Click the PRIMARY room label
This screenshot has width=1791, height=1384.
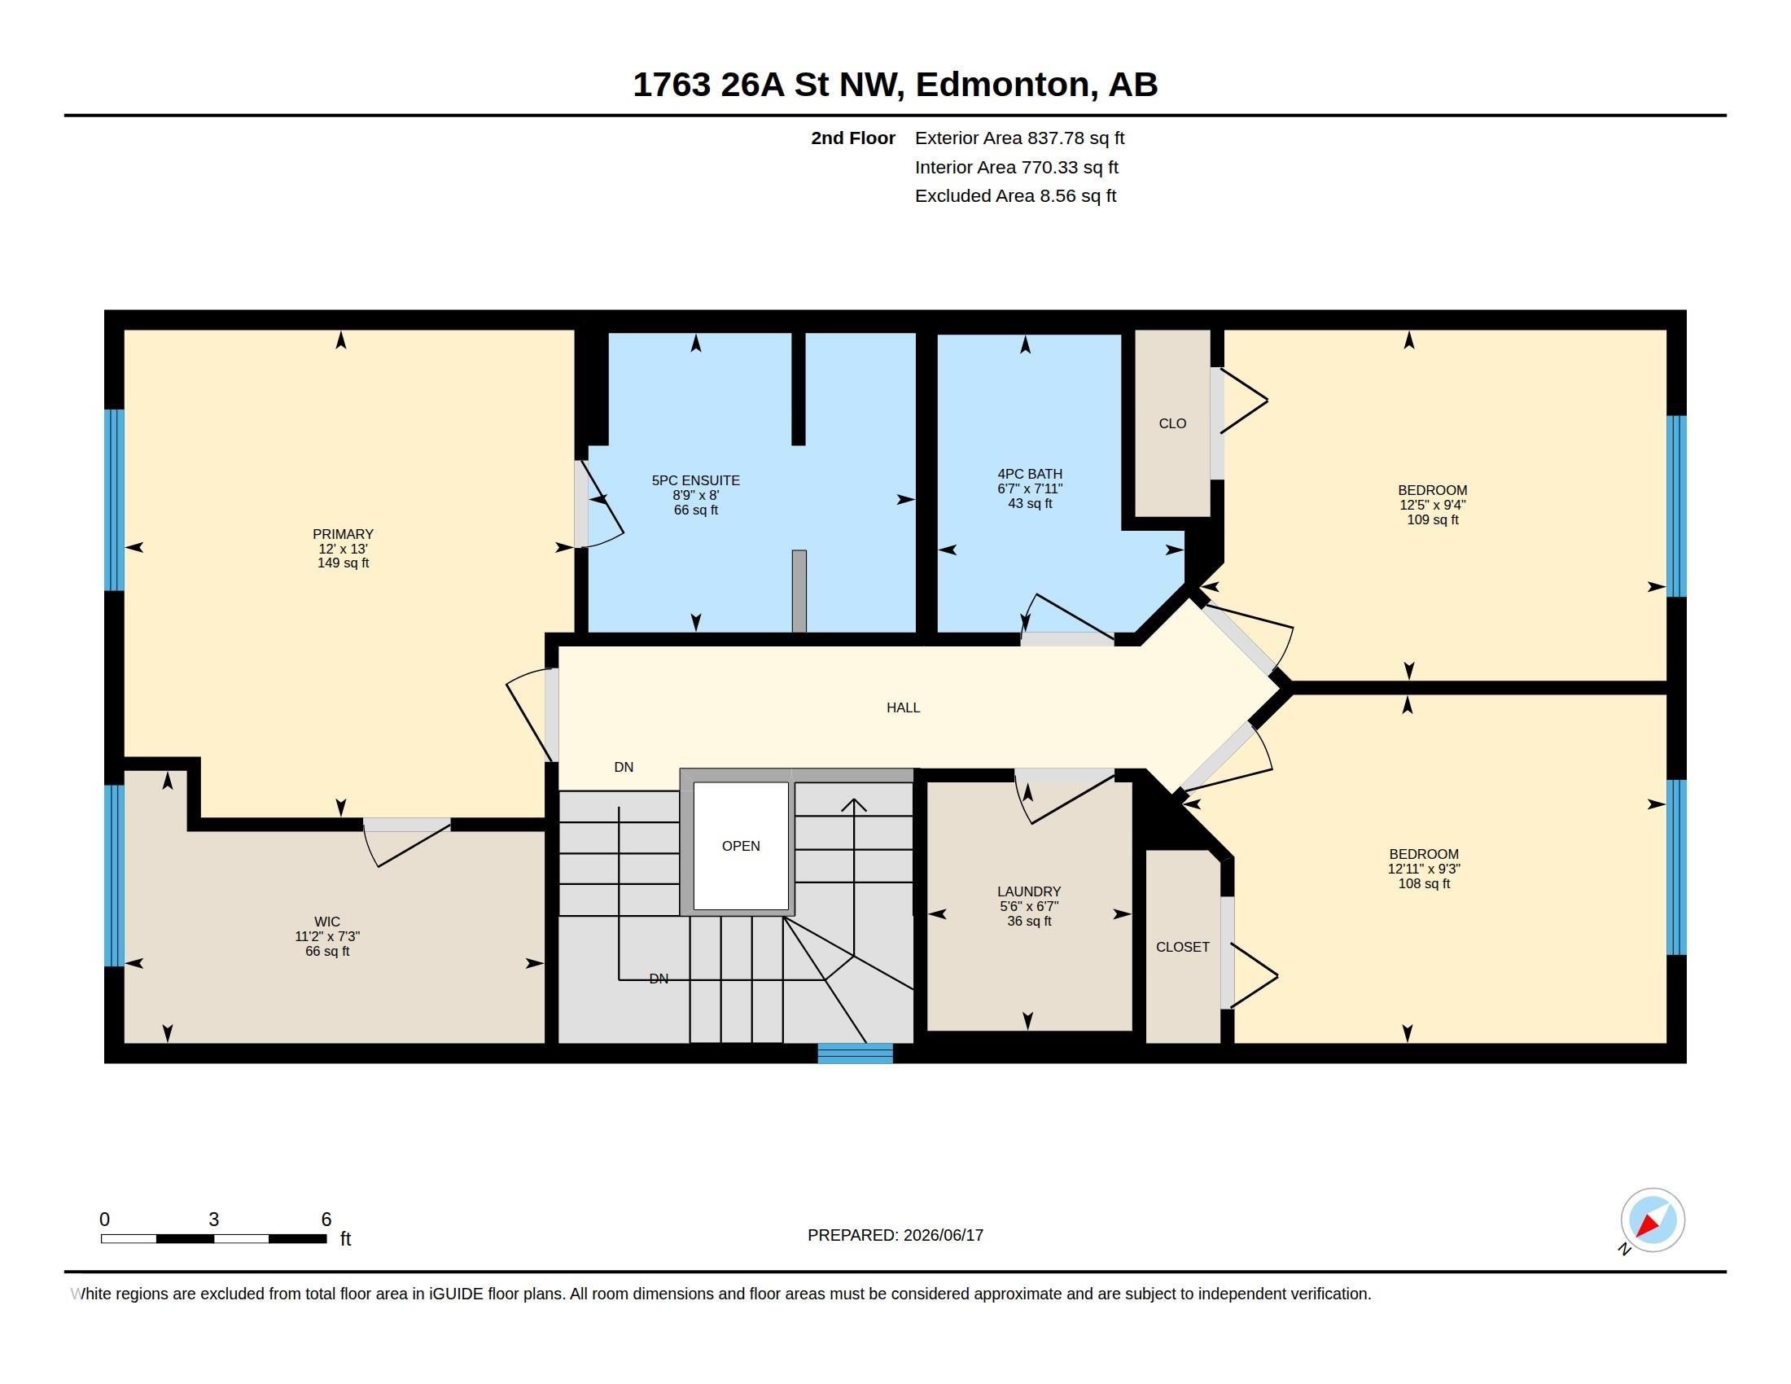coord(343,534)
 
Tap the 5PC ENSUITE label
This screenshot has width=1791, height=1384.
coord(695,480)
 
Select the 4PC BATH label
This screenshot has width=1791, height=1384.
coord(1029,474)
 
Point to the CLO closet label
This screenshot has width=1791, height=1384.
coord(1171,424)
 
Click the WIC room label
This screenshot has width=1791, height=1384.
coord(326,922)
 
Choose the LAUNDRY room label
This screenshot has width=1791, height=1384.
coord(1028,891)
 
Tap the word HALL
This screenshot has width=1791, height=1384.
coord(903,707)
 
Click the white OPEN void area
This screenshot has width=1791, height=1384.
coord(741,845)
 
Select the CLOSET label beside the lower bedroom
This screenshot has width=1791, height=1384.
coord(1183,947)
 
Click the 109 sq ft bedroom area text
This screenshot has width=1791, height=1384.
coord(1433,520)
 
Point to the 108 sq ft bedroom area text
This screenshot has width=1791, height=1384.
coord(1424,884)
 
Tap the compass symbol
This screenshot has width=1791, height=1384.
coord(1652,1220)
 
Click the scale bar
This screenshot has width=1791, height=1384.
coord(214,1238)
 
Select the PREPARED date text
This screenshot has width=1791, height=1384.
coord(895,1235)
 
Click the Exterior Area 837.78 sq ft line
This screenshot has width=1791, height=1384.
coord(1019,138)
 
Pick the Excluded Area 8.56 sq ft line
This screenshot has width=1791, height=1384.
coord(1015,196)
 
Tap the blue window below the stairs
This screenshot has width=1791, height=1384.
coord(855,1053)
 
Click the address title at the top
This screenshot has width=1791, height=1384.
coord(895,85)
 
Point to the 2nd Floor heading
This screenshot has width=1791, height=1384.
coord(853,138)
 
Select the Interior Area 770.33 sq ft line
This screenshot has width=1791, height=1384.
coord(1016,167)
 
